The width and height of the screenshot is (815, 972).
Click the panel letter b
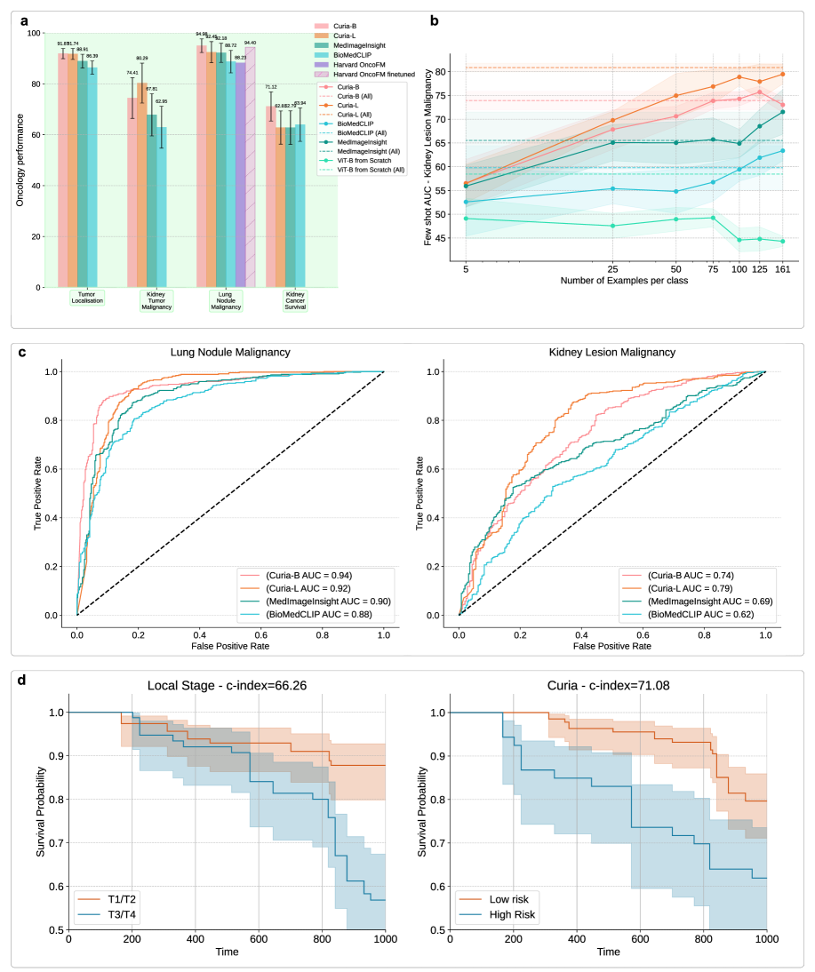(x=433, y=17)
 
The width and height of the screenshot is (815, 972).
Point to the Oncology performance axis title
(x=20, y=160)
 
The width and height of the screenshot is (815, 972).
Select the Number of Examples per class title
(x=624, y=281)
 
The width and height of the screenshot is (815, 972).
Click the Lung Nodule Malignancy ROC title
(x=229, y=352)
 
